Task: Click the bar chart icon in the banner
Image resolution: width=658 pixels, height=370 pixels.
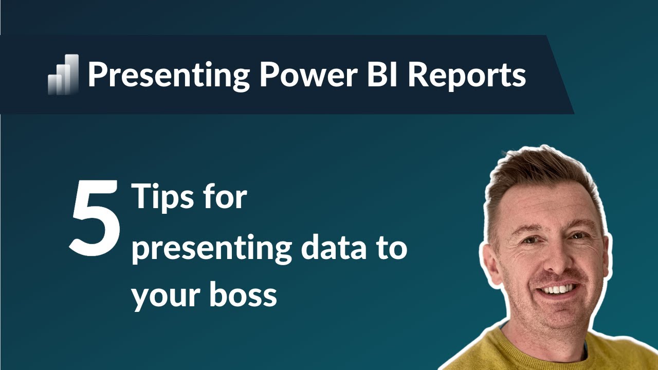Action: pyautogui.click(x=63, y=75)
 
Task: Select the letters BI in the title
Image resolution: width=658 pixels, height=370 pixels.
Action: pyautogui.click(x=380, y=75)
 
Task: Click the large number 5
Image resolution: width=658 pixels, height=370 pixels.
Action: pyautogui.click(x=95, y=218)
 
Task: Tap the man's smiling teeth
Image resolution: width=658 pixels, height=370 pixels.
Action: pyautogui.click(x=559, y=289)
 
